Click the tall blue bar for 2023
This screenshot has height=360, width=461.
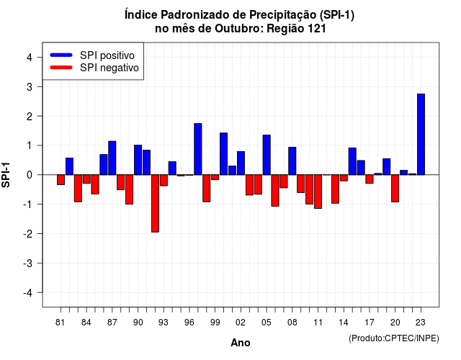[x=421, y=135]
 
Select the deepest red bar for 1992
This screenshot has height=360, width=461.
[x=155, y=203]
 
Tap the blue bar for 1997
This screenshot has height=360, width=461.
[x=198, y=149]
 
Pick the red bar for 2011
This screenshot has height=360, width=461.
[x=318, y=192]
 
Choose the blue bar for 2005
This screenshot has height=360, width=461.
[x=267, y=155]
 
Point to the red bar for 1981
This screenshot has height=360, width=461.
[x=61, y=179]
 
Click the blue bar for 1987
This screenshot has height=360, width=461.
[x=112, y=158]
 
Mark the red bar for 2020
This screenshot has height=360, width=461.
[x=395, y=189]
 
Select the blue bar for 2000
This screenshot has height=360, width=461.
[x=223, y=153]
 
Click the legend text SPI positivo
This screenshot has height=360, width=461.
[x=107, y=55]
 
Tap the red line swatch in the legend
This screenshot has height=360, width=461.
[x=61, y=68]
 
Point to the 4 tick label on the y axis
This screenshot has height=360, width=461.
[x=30, y=58]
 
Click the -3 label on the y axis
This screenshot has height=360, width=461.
[x=28, y=264]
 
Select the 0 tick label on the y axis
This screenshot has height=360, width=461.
[x=30, y=175]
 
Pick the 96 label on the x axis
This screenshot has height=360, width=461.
[x=189, y=323]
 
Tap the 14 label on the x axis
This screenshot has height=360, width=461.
[x=344, y=323]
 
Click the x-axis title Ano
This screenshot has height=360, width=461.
[x=241, y=343]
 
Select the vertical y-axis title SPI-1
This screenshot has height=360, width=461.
[x=6, y=175]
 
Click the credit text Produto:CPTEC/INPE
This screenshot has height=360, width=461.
[x=394, y=338]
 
